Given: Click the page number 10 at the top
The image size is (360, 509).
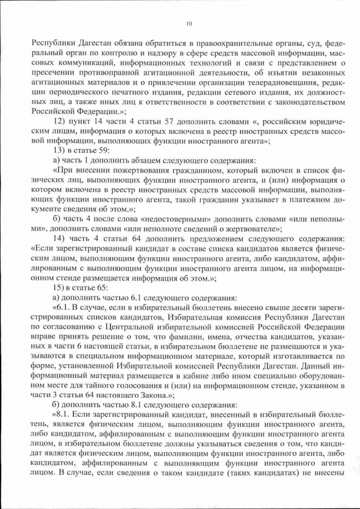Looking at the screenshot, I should tap(188, 23).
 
